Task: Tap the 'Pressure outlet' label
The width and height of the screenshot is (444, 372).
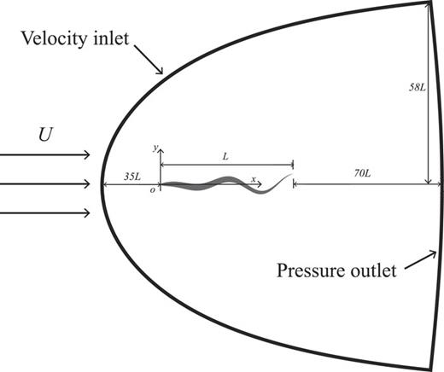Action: [x=336, y=272]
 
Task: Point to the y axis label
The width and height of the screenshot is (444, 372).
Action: [x=155, y=148]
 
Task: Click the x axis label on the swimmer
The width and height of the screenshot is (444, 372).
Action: [x=253, y=179]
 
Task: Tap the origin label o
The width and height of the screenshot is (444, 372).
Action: [x=153, y=190]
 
